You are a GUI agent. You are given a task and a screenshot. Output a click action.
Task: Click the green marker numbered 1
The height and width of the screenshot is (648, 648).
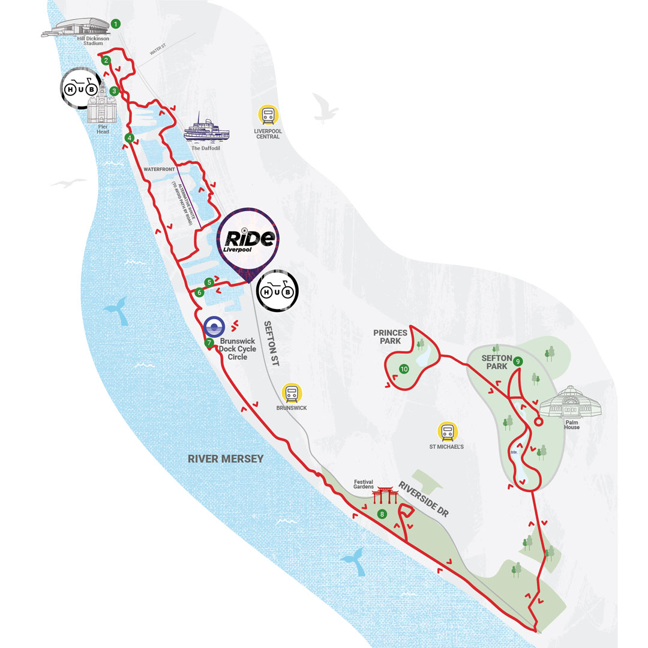[x=116, y=24]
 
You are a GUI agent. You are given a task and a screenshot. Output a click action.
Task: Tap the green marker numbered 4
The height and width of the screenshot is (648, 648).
[x=129, y=138]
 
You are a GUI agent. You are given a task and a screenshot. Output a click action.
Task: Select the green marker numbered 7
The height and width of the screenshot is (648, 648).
[x=209, y=343]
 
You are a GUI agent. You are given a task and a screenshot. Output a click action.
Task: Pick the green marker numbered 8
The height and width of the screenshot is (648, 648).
[x=382, y=514]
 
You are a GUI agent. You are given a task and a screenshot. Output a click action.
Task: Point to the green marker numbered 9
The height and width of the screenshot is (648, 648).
[x=517, y=361]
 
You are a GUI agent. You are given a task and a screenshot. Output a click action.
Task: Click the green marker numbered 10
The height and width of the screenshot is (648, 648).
[x=404, y=368]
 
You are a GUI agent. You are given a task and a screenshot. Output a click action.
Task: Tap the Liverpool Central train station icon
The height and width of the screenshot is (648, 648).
[x=268, y=115]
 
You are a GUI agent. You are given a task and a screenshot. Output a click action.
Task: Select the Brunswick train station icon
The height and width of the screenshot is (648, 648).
[x=292, y=393]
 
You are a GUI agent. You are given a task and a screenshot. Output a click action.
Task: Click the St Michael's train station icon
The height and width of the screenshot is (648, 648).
[x=448, y=431]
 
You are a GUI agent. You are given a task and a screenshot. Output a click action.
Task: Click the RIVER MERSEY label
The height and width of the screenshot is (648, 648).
[x=226, y=459]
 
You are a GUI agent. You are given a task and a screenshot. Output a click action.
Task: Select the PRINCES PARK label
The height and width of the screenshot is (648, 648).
[x=390, y=337]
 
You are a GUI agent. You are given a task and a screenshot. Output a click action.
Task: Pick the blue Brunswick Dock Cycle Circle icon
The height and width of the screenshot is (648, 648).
[x=214, y=327]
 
